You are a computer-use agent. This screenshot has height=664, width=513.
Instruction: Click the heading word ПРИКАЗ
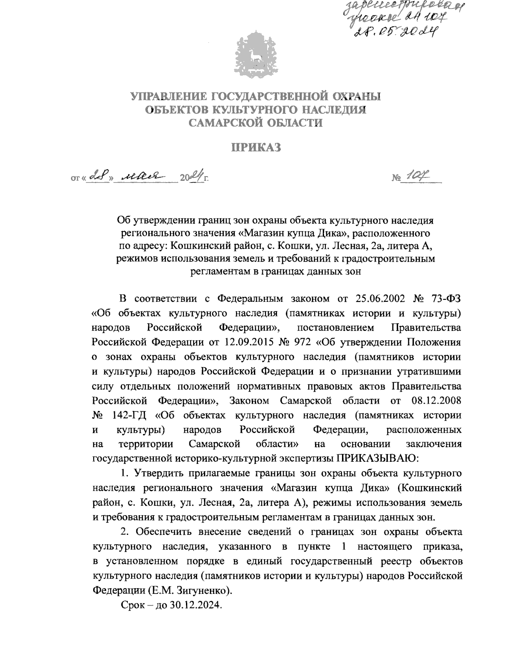tap(256, 148)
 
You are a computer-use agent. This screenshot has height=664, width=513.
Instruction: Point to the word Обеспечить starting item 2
tap(163, 532)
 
